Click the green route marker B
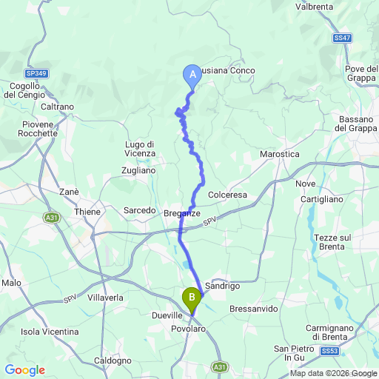click(192, 298)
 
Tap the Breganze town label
click(181, 213)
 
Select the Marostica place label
click(280, 154)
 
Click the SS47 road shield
click(341, 37)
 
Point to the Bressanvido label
click(254, 306)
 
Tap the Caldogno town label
click(113, 360)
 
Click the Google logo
click(24, 369)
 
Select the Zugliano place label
click(138, 170)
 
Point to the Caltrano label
click(58, 107)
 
